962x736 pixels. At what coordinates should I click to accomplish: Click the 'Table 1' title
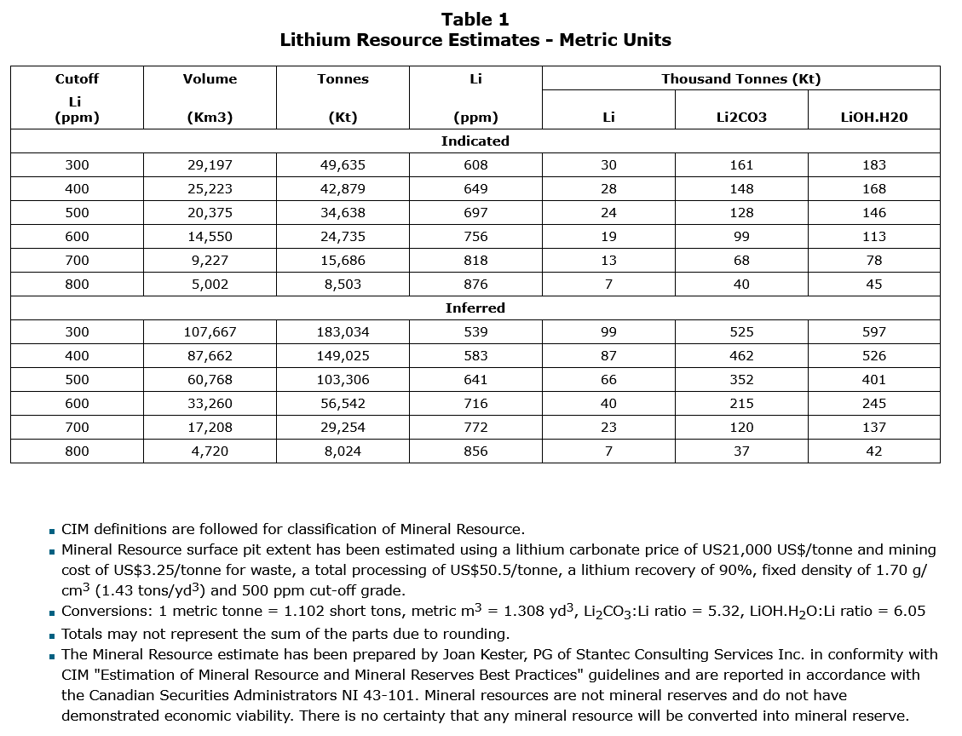475,19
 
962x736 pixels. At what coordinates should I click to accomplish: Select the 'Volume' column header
210,78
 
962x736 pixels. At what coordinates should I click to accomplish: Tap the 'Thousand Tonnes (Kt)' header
740,78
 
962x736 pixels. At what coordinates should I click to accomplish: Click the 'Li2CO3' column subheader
741,118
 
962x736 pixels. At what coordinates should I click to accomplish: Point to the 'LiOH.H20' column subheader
873,118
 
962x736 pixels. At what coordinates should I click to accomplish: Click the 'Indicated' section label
475,141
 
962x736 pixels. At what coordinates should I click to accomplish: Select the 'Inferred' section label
475,308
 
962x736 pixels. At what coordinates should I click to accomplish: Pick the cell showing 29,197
210,165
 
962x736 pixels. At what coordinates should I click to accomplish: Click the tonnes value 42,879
343,189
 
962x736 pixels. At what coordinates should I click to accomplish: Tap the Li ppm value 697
475,213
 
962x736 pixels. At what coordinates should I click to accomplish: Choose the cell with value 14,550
210,237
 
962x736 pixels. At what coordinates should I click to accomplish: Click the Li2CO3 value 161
741,165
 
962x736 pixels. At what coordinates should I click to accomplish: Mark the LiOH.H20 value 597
873,332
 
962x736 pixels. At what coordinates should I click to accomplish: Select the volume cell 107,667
210,332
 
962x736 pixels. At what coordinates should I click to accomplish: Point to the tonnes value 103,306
343,380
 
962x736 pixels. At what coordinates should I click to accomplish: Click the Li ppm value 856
475,451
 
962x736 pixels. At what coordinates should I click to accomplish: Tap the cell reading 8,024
343,451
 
